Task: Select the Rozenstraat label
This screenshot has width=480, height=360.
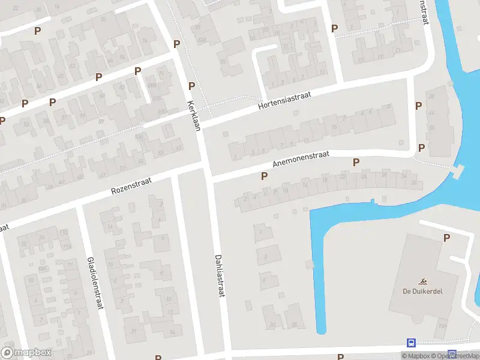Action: pyautogui.click(x=131, y=185)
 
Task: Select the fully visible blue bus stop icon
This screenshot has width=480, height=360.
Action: pyautogui.click(x=412, y=343)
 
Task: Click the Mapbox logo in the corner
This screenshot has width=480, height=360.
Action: pyautogui.click(x=26, y=353)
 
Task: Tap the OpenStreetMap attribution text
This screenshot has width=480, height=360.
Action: pyautogui.click(x=458, y=356)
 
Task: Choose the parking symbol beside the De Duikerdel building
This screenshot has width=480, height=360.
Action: pyautogui.click(x=446, y=238)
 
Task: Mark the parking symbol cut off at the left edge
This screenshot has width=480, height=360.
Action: pyautogui.click(x=2, y=121)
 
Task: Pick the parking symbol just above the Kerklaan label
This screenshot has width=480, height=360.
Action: pyautogui.click(x=191, y=86)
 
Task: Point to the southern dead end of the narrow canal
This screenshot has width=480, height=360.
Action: pyautogui.click(x=321, y=329)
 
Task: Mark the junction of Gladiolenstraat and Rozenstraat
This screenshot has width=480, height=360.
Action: pyautogui.click(x=78, y=206)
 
